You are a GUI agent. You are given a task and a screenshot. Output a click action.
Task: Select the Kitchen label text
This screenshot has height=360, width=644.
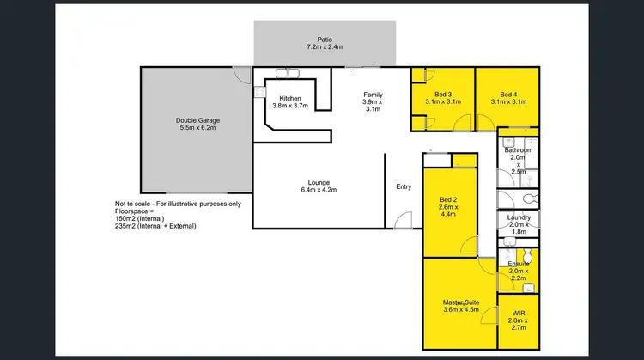pos(289,99)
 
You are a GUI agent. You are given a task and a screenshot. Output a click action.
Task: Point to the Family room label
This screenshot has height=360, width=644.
pos(372,95)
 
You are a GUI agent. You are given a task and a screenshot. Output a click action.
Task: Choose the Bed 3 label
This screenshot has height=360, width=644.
pos(443,95)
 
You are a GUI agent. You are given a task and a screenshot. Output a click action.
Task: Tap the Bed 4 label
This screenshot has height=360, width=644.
pos(508,95)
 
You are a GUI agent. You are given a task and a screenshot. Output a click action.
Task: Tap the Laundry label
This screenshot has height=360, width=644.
pos(518,217)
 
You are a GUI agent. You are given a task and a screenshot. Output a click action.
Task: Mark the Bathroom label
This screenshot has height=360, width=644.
pos(518,150)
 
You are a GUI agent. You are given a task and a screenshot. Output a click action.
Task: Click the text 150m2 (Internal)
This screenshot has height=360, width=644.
pos(141,218)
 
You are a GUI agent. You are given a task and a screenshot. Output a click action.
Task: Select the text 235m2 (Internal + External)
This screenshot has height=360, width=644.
pos(155,226)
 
